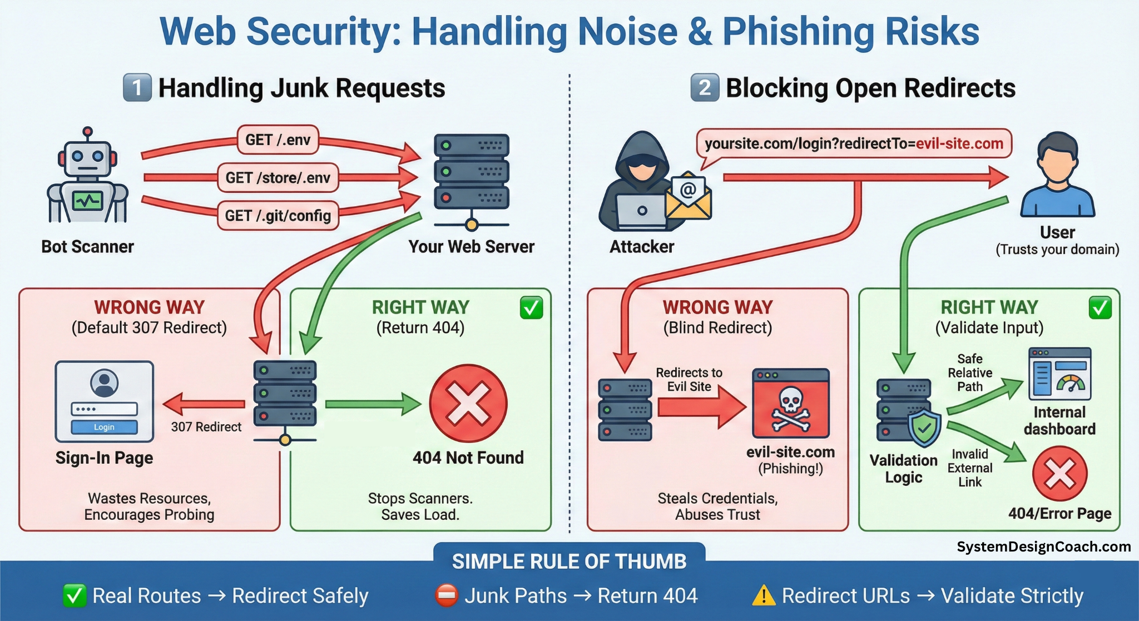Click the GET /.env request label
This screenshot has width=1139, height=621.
pos(278,140)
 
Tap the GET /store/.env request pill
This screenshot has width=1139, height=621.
pos(278,177)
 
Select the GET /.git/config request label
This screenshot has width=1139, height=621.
pos(278,215)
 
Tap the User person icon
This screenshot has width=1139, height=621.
pos(1057,175)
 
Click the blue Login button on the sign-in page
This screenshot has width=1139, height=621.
pos(104,427)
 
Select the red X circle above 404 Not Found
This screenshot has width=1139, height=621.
pos(468,404)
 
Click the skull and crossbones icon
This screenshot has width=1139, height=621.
pos(790,409)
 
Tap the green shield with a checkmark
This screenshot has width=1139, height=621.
pos(924,428)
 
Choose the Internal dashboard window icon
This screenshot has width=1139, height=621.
pos(1059,374)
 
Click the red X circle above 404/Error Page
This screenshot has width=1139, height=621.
pos(1059,474)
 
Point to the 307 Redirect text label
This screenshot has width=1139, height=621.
pos(206,427)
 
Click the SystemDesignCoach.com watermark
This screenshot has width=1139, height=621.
pos(1043,547)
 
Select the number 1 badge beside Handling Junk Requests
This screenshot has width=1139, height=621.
pos(137,87)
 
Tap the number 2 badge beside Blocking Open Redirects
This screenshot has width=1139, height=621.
pos(705,87)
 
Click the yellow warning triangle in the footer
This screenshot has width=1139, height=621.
pos(764,595)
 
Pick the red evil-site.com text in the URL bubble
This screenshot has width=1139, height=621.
pos(959,143)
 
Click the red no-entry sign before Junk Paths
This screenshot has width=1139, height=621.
pos(447,595)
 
